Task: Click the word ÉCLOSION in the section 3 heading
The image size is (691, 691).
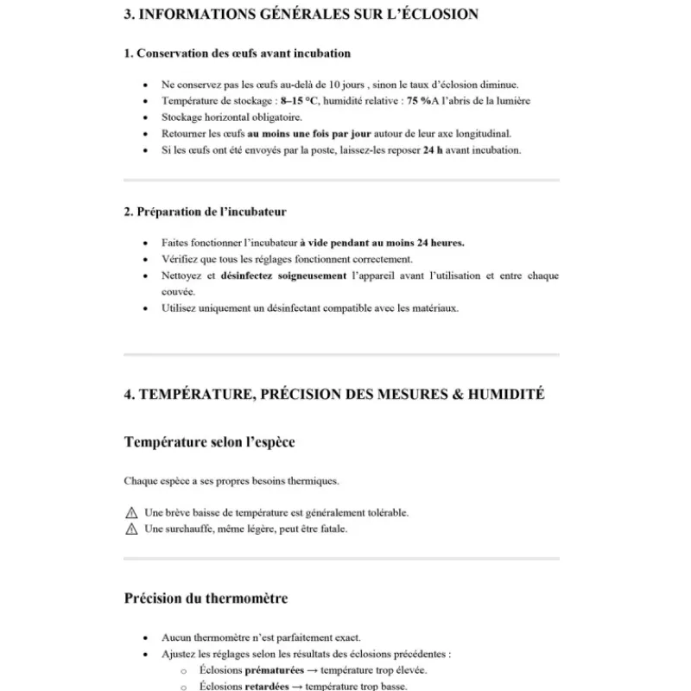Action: [430, 15]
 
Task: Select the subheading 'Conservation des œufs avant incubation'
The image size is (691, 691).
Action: [238, 54]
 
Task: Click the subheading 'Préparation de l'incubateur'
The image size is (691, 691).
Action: [205, 212]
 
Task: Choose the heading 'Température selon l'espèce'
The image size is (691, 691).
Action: [209, 442]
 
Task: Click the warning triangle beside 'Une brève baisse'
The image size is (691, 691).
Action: [131, 513]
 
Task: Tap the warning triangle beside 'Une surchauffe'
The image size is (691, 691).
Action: [131, 529]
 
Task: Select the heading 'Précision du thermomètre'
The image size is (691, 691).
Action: [206, 598]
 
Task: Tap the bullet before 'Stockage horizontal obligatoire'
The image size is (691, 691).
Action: [144, 117]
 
